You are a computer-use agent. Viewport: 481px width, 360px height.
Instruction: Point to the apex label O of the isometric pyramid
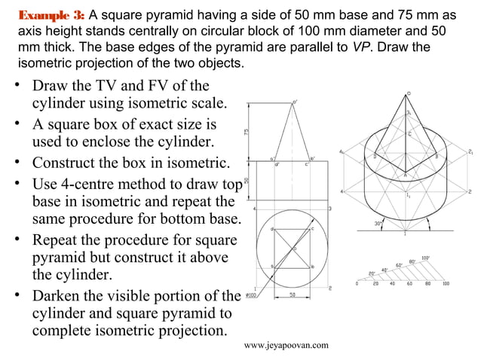click(409, 93)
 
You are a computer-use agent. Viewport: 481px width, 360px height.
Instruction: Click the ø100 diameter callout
click(249, 295)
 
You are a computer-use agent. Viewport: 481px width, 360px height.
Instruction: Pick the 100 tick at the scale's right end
click(446, 285)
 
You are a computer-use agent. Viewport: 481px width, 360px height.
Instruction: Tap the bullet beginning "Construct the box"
click(128, 162)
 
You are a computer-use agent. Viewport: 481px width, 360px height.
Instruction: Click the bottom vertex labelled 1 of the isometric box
click(406, 233)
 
